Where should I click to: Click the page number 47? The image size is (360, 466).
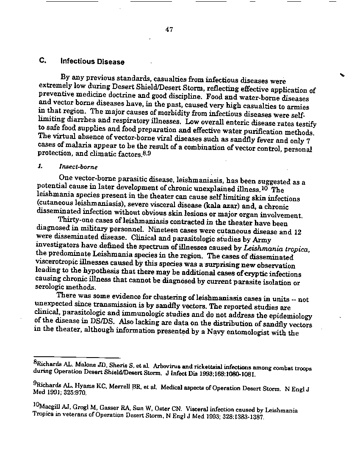coord(169,29)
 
